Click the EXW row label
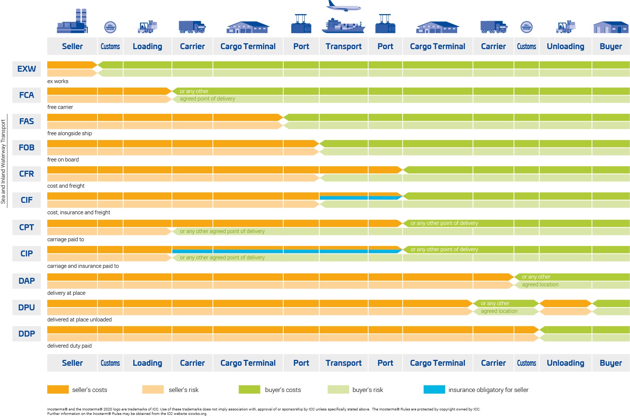click(27, 69)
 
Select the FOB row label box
click(27, 148)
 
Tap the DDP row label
click(27, 334)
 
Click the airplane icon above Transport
click(343, 6)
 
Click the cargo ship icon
click(343, 25)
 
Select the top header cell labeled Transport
click(343, 47)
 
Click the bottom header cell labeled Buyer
click(611, 363)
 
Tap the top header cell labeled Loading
click(147, 47)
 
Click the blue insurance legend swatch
click(434, 389)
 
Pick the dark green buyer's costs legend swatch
click(249, 389)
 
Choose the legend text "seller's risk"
click(184, 390)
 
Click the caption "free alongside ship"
click(69, 133)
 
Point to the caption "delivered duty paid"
click(69, 346)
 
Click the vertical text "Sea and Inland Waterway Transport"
click(3, 161)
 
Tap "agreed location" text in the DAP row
click(540, 284)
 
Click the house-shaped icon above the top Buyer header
click(610, 27)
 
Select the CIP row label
click(27, 254)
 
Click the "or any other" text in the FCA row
click(194, 91)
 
